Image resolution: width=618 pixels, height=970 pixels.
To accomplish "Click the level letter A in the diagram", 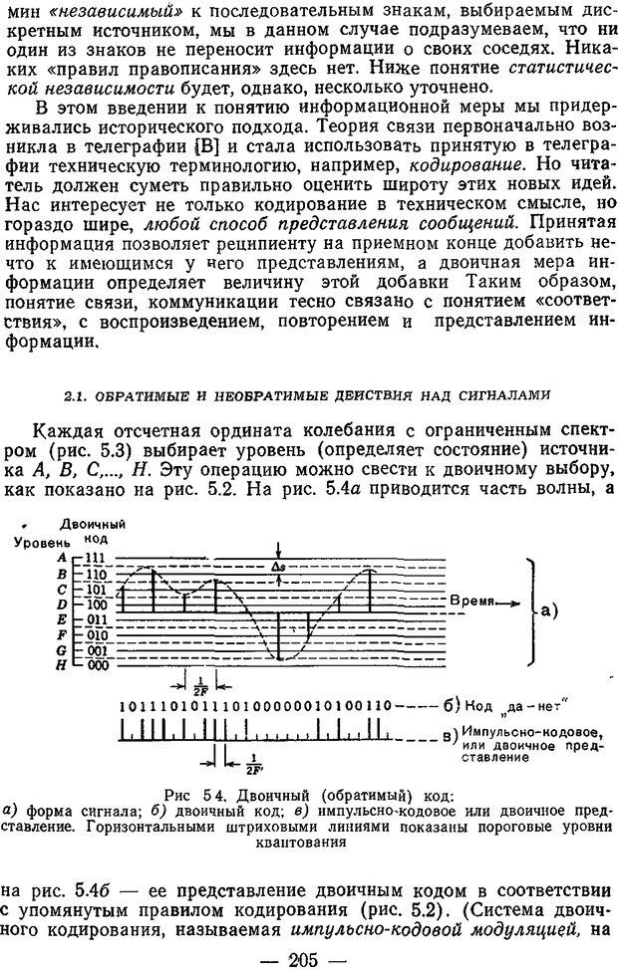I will click(62, 559).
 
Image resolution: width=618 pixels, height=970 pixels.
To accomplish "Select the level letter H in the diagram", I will click(62, 664).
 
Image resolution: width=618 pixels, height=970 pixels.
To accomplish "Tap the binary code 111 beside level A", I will click(95, 559).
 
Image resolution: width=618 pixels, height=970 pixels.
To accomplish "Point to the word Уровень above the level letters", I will click(38, 542).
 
